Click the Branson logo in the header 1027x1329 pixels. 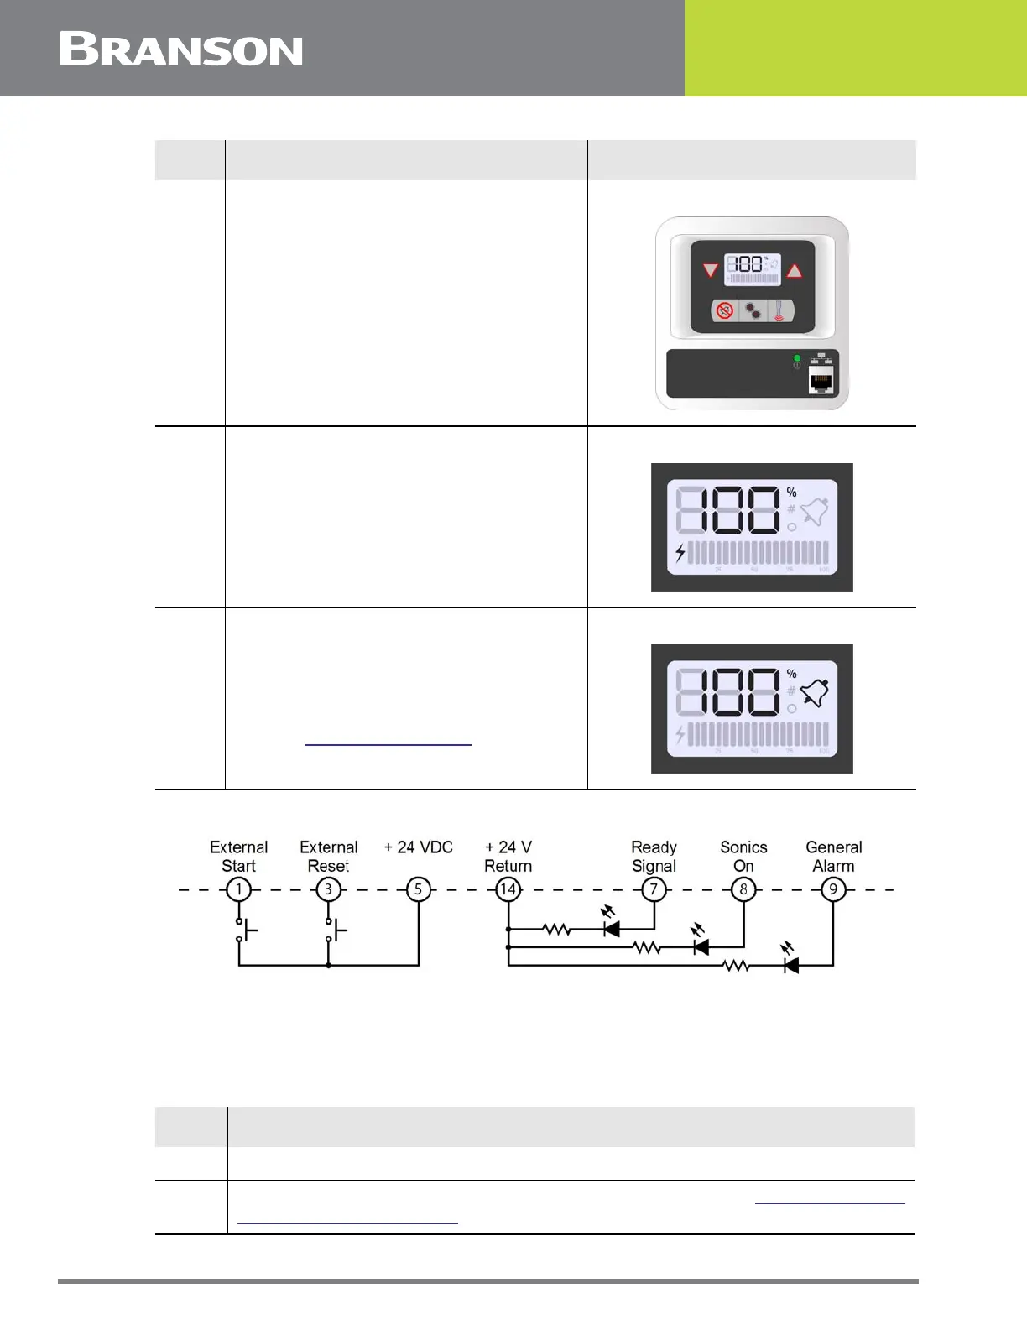tap(181, 50)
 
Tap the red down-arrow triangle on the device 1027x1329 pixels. tap(711, 270)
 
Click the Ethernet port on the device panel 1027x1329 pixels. tap(820, 382)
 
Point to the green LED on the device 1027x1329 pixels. tap(797, 358)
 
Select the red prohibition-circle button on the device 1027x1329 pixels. tap(724, 310)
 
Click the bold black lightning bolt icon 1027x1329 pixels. tap(680, 553)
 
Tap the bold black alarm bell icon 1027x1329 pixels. tap(815, 693)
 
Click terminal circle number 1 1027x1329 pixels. tap(239, 889)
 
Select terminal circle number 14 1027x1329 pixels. tap(508, 889)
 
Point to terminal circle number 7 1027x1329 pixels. tap(654, 889)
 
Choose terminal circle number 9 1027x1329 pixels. tap(833, 889)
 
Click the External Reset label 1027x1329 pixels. tap(329, 857)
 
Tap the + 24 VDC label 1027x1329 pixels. tap(419, 847)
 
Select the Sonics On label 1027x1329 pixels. tap(743, 857)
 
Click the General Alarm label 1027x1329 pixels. tap(833, 857)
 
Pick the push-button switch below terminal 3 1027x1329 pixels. tap(334, 930)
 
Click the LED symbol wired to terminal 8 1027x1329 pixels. tap(700, 947)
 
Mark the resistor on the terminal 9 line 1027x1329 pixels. tap(736, 967)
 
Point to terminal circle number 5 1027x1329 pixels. tap(419, 889)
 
